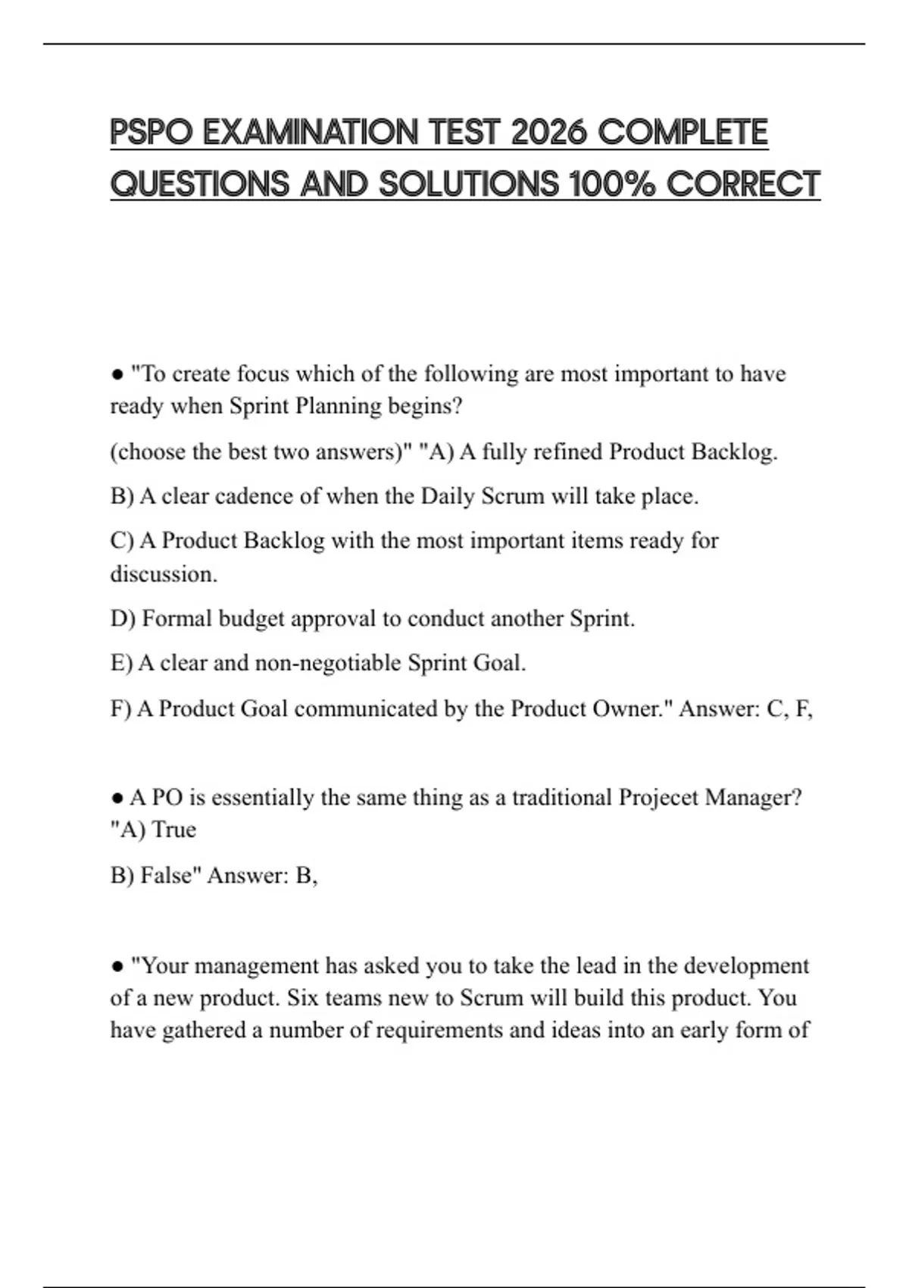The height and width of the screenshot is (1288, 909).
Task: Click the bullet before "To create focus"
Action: (x=117, y=374)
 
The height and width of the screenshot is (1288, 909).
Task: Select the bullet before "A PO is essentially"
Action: (x=117, y=798)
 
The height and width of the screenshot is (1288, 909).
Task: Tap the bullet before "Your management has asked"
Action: (x=117, y=966)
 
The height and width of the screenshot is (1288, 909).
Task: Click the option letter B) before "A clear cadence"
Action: (x=122, y=496)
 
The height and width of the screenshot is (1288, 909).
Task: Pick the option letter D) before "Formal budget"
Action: (x=123, y=619)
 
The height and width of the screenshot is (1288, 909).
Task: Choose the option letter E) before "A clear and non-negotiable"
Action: (x=121, y=663)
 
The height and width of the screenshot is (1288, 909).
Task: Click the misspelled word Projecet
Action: (x=658, y=798)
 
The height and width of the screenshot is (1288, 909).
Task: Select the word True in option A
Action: (x=174, y=830)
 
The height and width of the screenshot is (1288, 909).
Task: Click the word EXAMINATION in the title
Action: (x=311, y=133)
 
